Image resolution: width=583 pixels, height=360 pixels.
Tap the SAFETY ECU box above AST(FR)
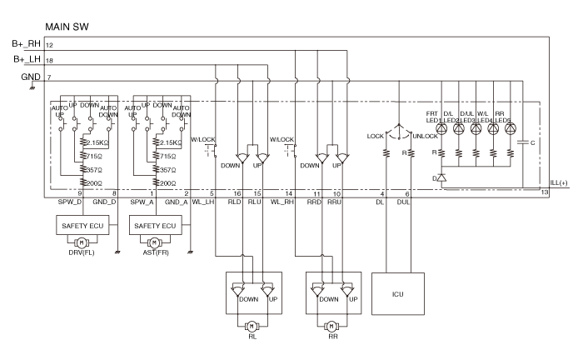click(156, 224)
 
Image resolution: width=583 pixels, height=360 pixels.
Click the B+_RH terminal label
click(26, 43)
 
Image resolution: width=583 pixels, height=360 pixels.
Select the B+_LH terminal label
click(27, 59)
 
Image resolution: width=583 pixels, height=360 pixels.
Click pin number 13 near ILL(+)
click(544, 193)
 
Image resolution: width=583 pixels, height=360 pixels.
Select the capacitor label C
click(532, 143)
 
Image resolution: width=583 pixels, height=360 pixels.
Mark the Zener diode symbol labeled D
click(441, 178)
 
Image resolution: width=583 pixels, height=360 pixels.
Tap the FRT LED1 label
click(433, 116)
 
